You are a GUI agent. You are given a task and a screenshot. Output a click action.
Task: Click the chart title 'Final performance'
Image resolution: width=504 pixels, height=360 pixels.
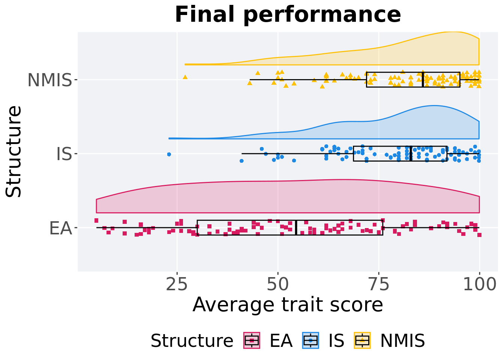point(288,15)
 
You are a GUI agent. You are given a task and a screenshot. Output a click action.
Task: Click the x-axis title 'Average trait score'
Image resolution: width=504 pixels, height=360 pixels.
point(288,304)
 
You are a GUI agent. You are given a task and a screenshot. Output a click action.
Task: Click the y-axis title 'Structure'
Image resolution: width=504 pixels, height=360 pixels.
point(14,151)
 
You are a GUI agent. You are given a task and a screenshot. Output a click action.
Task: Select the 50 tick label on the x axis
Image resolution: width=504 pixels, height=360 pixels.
point(278,285)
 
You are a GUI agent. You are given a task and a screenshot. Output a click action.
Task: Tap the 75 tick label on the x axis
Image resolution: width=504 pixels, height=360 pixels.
point(379,285)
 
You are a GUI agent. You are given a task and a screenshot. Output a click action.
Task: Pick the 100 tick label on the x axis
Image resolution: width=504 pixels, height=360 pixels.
point(479,285)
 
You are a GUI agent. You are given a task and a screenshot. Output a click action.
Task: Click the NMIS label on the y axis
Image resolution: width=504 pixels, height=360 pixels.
point(49,80)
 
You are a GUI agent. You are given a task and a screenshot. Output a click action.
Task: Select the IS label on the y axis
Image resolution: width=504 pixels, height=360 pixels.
point(64,154)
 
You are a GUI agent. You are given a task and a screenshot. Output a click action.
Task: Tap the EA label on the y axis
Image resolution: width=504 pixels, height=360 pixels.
point(60,228)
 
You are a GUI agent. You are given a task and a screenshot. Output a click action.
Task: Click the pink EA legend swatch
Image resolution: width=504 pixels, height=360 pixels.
point(252,340)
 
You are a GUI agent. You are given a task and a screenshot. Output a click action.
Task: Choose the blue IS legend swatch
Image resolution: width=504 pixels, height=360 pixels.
point(310,340)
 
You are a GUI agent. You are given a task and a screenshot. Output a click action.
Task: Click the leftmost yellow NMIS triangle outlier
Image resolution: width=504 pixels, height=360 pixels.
point(185,77)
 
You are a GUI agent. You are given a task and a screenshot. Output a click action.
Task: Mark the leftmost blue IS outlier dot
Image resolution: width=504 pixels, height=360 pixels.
point(169,154)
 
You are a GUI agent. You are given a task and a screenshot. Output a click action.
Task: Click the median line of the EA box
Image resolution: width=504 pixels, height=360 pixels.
point(296,228)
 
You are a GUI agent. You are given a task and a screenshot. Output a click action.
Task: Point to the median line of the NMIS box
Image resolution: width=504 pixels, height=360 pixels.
point(423,79)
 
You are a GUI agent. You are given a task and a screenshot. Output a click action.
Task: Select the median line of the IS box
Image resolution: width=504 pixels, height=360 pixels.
point(411,153)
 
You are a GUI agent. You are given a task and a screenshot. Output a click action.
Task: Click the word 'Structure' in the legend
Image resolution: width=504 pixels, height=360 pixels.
point(192,341)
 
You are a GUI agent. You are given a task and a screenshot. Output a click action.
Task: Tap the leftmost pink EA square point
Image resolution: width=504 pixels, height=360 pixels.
point(96,220)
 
